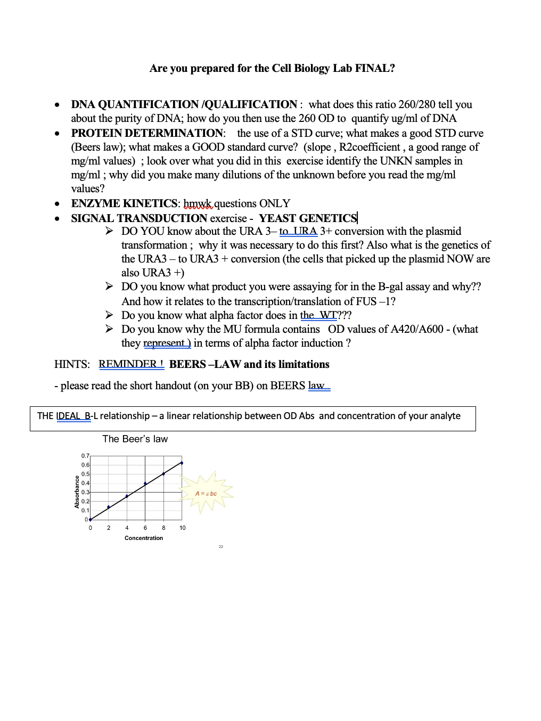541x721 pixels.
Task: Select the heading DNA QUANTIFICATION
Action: pyautogui.click(x=135, y=104)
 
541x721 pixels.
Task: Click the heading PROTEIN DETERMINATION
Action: pyautogui.click(x=147, y=133)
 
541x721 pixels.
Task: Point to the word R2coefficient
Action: pyautogui.click(x=370, y=147)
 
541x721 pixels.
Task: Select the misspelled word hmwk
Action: pyautogui.click(x=198, y=203)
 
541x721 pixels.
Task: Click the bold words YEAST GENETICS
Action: pyautogui.click(x=308, y=218)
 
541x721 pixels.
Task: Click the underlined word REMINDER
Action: pyautogui.click(x=128, y=364)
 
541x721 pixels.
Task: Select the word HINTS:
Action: pyautogui.click(x=72, y=364)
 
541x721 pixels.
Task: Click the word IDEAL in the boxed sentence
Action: pyautogui.click(x=68, y=416)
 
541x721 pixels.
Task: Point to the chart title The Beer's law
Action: pyautogui.click(x=135, y=439)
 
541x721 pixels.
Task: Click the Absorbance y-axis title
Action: pyautogui.click(x=77, y=491)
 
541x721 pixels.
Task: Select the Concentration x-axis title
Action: pyautogui.click(x=144, y=538)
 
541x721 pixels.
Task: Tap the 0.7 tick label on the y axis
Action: pyautogui.click(x=85, y=456)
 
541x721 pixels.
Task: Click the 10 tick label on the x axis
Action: pyautogui.click(x=183, y=528)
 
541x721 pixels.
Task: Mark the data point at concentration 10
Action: pyautogui.click(x=182, y=463)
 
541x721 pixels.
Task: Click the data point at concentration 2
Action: pyautogui.click(x=109, y=507)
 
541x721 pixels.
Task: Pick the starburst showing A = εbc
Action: pyautogui.click(x=207, y=493)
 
